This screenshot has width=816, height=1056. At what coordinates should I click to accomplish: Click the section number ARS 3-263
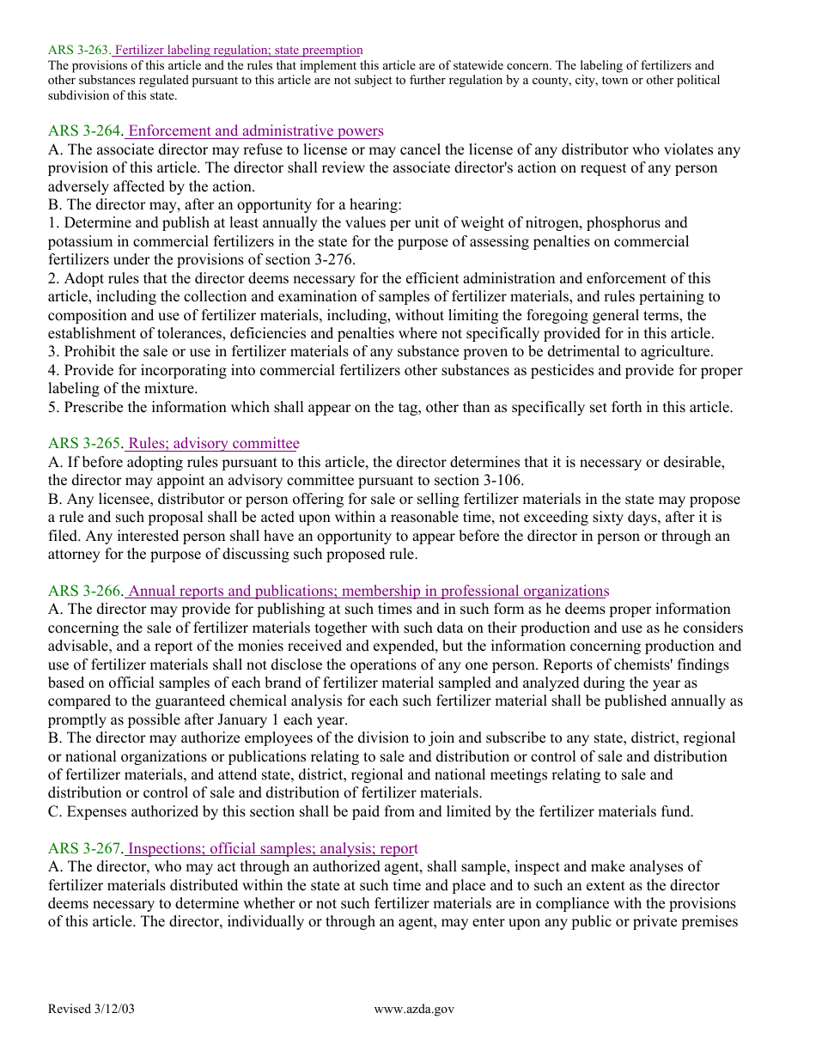click(79, 51)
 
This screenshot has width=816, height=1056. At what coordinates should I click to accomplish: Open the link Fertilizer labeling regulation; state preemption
click(239, 51)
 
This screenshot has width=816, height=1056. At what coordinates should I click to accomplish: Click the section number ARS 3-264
click(86, 131)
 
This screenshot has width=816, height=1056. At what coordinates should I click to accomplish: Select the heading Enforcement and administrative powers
click(255, 131)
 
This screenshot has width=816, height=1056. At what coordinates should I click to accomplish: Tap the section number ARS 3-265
click(86, 444)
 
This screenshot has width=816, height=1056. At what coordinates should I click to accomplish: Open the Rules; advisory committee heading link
click(213, 444)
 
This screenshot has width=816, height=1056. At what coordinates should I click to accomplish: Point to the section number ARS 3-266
click(86, 592)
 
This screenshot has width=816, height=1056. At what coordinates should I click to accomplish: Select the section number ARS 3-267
click(86, 849)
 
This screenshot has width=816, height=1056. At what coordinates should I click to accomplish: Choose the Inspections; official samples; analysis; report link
click(272, 849)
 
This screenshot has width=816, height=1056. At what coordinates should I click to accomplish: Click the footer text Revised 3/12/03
click(92, 1010)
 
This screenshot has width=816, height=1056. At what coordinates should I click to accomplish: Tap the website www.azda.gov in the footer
click(414, 1010)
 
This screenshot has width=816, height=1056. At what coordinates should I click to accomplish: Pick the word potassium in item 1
click(79, 242)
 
